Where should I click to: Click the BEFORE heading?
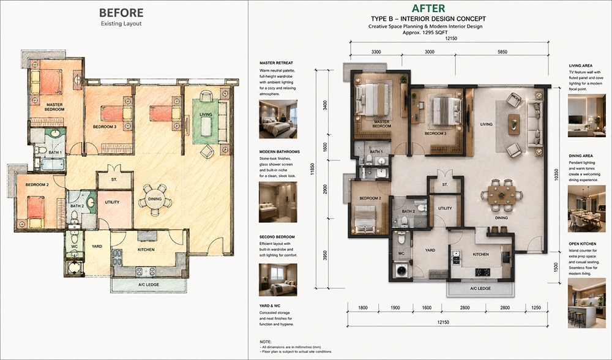[x=121, y=12]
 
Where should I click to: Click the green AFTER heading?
[x=428, y=8]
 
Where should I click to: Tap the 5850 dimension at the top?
[x=502, y=51]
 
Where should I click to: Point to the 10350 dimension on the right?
[x=556, y=174]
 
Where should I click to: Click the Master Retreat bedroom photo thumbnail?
[x=278, y=119]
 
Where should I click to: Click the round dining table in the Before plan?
[x=155, y=199]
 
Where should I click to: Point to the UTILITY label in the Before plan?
[x=112, y=202]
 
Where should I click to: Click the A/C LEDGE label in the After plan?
[x=480, y=288]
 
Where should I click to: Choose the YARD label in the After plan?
[x=430, y=250]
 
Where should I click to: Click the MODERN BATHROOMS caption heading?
[x=280, y=151]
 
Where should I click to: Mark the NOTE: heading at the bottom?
[x=265, y=342]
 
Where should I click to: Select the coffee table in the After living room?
[x=514, y=124]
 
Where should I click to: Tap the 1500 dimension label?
[x=556, y=267]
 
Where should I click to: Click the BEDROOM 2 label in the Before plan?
[x=37, y=185]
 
